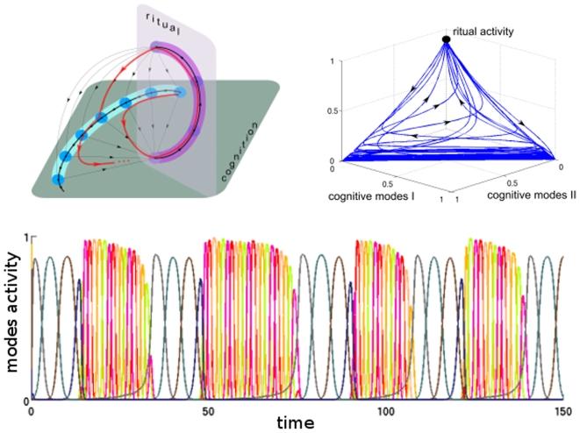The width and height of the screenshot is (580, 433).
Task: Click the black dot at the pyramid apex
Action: pyautogui.click(x=447, y=39)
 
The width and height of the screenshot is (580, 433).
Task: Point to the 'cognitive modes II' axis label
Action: pyautogui.click(x=513, y=195)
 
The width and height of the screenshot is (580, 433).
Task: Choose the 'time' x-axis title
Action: pyautogui.click(x=295, y=422)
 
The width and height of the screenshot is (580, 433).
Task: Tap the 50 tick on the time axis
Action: pyautogui.click(x=206, y=409)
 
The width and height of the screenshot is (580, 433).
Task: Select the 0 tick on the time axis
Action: pyautogui.click(x=31, y=409)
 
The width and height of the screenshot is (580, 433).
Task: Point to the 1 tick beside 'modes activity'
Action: pyautogui.click(x=26, y=238)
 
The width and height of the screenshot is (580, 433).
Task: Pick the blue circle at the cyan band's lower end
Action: pyautogui.click(x=59, y=179)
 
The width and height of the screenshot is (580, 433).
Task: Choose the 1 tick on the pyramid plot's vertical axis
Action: pyautogui.click(x=334, y=60)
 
